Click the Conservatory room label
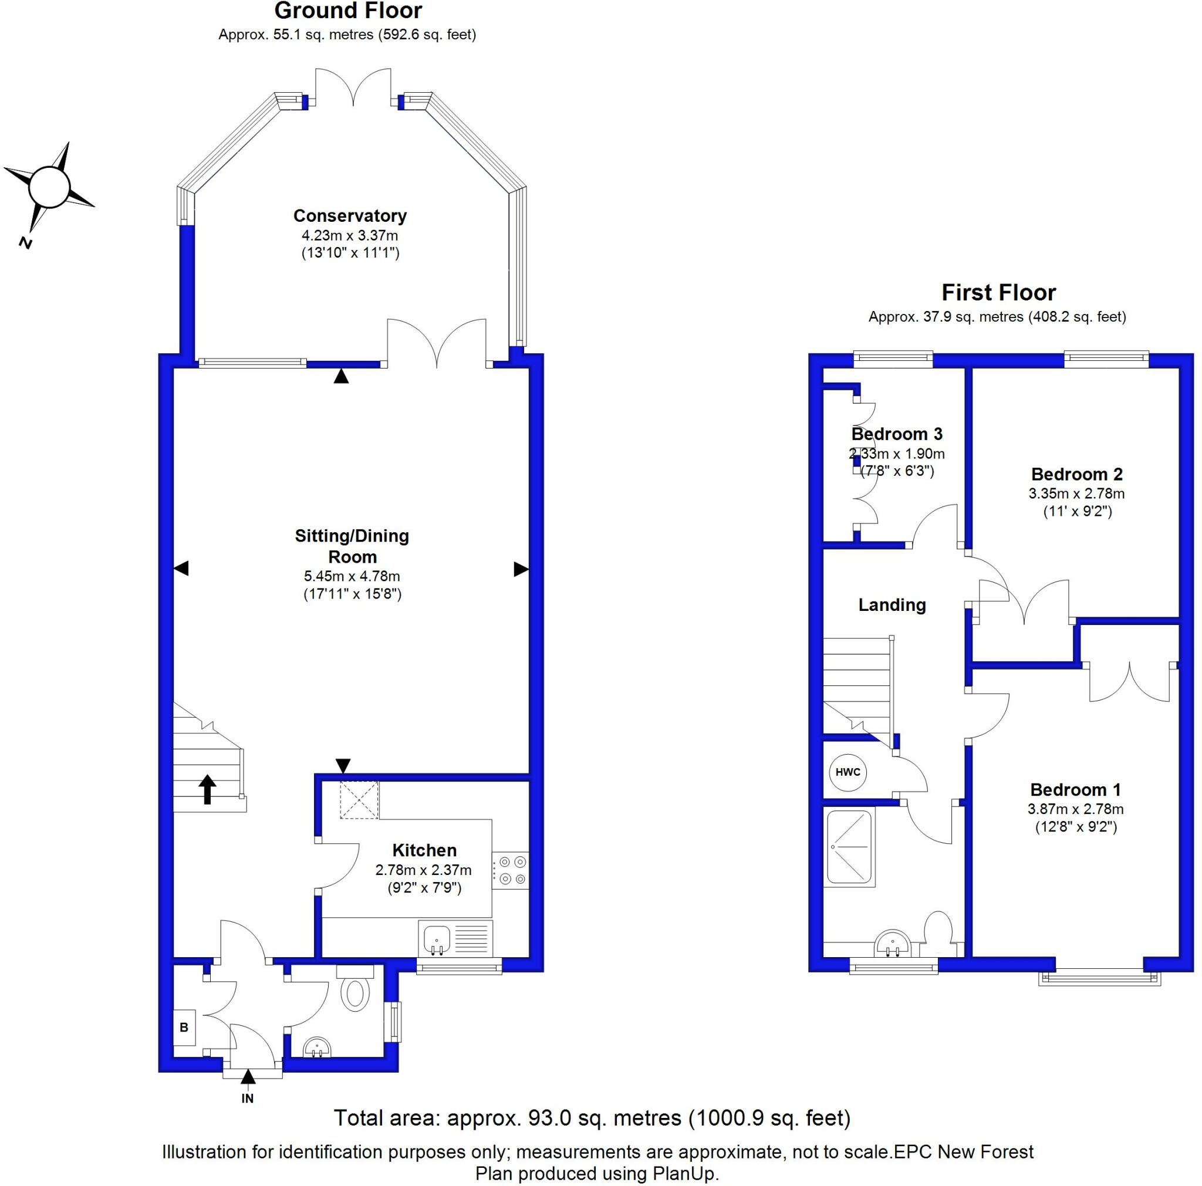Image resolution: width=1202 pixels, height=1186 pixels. point(350,216)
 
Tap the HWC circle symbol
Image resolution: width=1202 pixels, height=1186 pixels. point(848,772)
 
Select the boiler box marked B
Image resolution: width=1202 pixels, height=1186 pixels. point(185,1027)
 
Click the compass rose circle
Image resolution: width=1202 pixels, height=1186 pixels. point(49,185)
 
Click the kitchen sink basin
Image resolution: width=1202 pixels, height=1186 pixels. point(436,937)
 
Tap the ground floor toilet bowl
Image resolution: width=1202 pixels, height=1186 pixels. point(355,993)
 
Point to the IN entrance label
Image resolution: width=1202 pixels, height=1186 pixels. point(248,1099)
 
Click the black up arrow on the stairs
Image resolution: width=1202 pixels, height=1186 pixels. point(207,789)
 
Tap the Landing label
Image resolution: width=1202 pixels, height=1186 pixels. point(892,604)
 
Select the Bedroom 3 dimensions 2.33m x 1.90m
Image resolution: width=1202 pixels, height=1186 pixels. point(897,454)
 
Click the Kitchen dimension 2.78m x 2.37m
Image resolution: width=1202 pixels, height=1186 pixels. point(423,870)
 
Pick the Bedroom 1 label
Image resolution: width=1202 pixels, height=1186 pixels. point(1075,790)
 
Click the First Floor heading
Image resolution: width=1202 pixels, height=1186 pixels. point(998,292)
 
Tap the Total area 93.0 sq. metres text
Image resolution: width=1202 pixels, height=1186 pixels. point(592,1117)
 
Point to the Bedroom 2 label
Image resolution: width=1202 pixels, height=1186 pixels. point(1076,474)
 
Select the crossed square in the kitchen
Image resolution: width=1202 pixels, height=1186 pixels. point(359,800)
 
